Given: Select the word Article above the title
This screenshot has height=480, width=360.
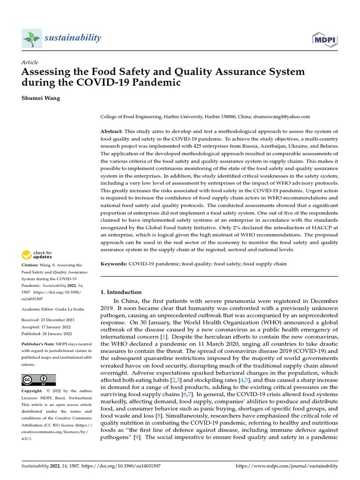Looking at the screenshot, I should (30, 62).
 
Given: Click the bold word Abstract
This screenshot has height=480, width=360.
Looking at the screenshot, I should (112, 131).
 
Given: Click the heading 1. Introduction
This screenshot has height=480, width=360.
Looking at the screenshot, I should (121, 292).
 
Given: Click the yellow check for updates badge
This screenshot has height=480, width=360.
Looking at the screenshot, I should (37, 255).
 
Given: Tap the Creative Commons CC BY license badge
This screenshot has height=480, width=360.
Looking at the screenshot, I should (39, 380).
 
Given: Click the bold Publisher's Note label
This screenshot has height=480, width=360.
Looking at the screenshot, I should (38, 344).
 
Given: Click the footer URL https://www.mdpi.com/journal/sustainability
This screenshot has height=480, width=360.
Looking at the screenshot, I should (285, 466).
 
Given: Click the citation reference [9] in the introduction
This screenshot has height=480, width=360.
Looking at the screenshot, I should (137, 437).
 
